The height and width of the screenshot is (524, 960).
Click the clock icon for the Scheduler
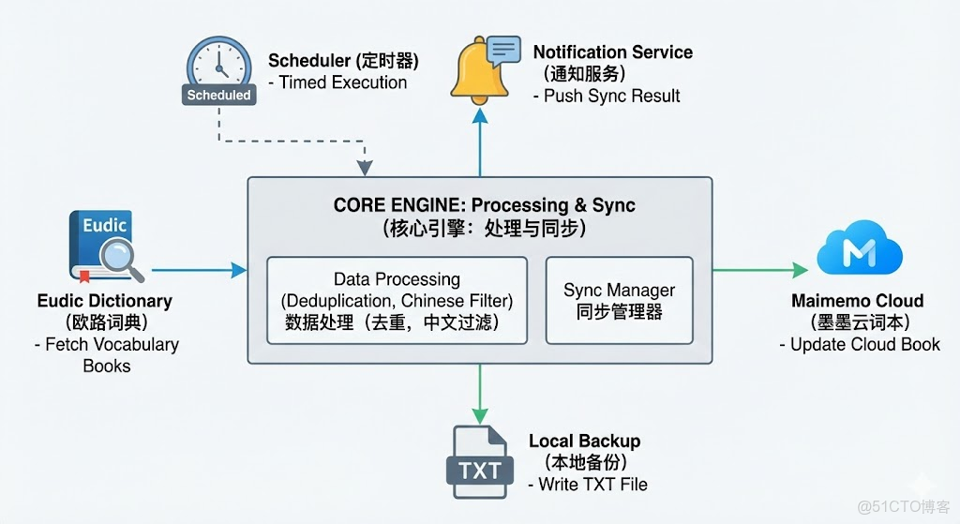[218, 63]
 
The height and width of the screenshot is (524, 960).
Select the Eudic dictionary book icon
[101, 247]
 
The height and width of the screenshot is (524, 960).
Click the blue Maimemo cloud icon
[859, 249]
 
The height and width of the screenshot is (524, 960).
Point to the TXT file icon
[481, 461]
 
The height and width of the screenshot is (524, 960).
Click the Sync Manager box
[619, 301]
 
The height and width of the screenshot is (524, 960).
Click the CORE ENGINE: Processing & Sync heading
[484, 205]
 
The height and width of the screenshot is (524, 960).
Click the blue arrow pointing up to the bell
[480, 141]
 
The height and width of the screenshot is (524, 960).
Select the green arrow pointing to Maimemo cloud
[759, 271]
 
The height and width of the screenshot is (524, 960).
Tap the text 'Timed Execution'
[343, 82]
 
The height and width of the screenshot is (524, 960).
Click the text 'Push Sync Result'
[612, 96]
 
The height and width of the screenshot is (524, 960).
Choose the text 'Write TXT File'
[592, 485]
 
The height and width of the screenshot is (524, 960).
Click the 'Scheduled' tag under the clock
[218, 95]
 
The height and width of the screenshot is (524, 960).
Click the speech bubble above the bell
[503, 49]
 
